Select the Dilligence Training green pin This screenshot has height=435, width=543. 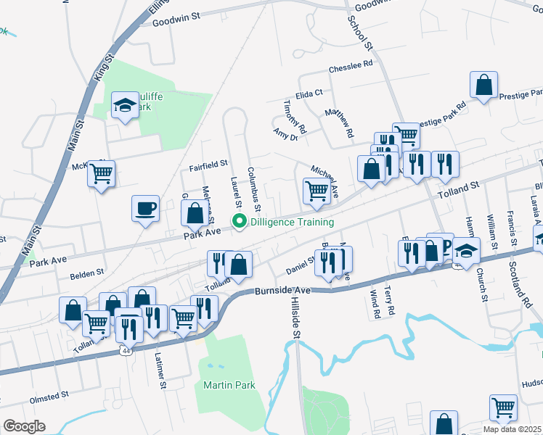pos(237,223)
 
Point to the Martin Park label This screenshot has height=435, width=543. pos(229,386)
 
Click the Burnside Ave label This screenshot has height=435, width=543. pos(283,290)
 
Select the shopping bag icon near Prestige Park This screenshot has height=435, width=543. pos(483,85)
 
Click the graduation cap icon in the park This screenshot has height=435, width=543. pos(125,106)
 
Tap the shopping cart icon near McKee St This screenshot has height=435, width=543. pos(102,173)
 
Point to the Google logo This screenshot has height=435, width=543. pos(23,426)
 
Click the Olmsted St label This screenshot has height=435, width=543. pos(49,397)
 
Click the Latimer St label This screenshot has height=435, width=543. pos(160,369)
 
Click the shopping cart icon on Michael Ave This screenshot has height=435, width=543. pos(317,191)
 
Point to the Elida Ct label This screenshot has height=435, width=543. pos(309,94)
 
